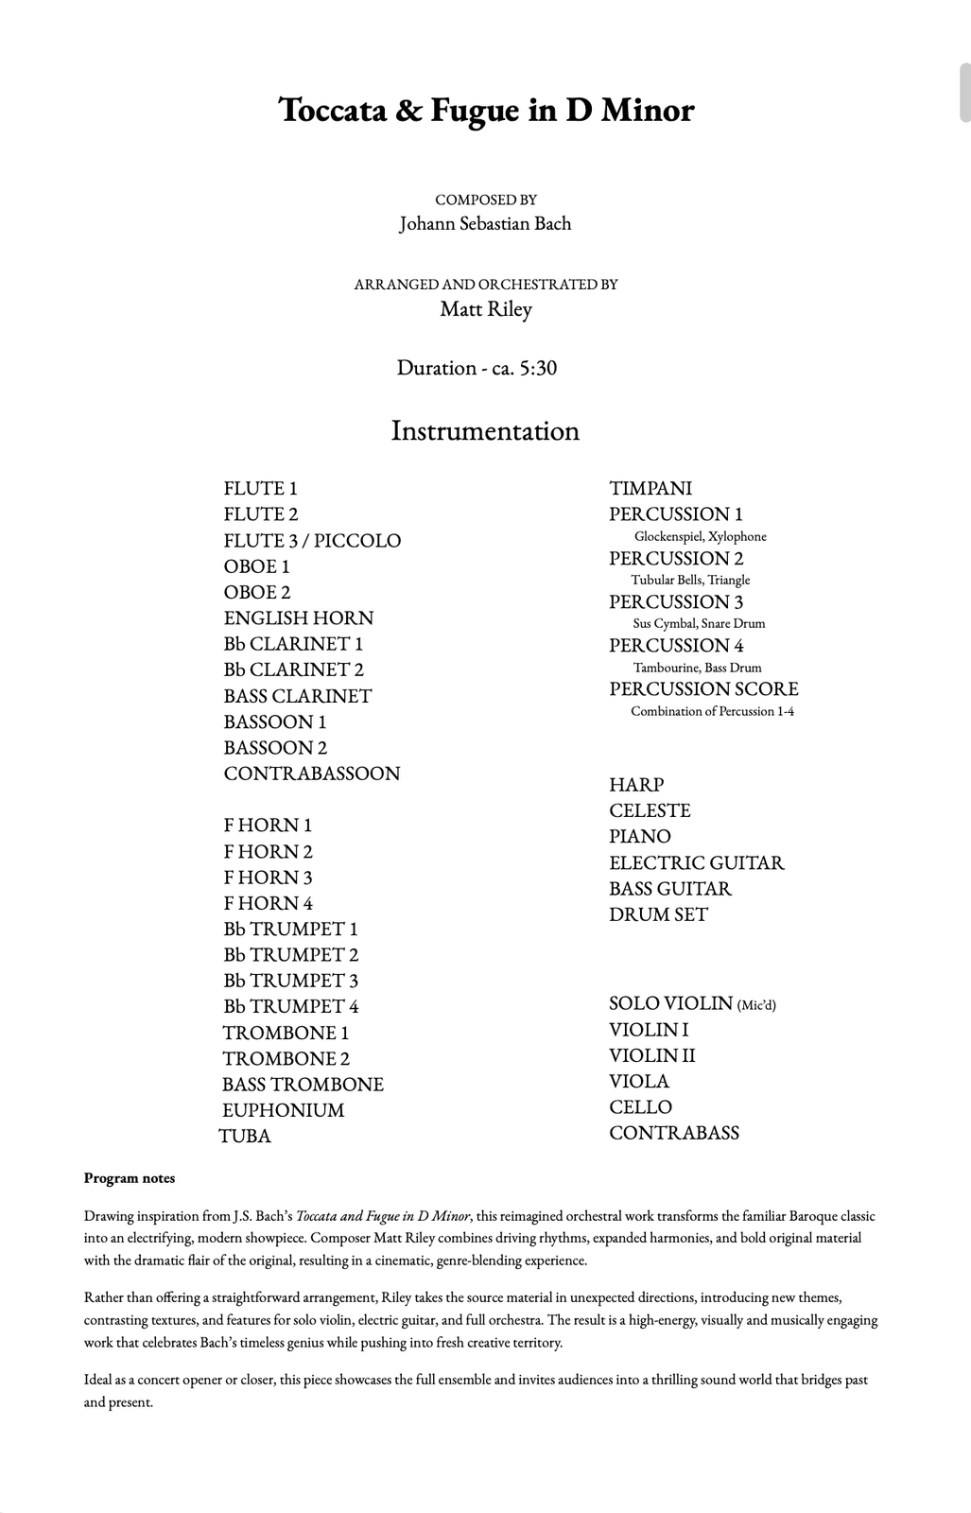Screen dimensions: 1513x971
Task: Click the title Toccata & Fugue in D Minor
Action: tap(486, 111)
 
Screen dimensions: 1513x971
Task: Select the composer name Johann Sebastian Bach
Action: tap(485, 224)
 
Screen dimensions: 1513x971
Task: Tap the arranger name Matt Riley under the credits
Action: tap(486, 309)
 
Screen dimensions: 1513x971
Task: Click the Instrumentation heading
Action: tap(485, 431)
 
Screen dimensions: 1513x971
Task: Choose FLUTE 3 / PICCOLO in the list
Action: tap(312, 541)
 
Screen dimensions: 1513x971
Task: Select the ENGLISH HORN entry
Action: tap(299, 618)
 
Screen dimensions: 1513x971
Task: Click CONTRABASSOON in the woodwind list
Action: tap(312, 774)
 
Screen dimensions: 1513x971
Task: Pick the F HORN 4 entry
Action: tap(268, 903)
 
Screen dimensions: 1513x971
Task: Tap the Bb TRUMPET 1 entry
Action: tap(291, 930)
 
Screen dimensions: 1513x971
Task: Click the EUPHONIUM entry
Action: tap(284, 1110)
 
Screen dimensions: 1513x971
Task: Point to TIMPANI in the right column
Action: tap(650, 489)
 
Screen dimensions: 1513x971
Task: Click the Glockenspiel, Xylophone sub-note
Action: tap(701, 536)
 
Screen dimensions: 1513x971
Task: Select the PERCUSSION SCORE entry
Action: tap(703, 689)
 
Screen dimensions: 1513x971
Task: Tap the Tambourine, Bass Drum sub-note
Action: tap(698, 668)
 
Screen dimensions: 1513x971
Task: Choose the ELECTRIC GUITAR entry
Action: tap(697, 863)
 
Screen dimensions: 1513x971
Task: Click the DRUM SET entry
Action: tap(658, 914)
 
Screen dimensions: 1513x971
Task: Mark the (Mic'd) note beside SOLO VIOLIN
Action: tap(756, 1005)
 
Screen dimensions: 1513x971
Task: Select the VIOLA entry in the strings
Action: tap(639, 1081)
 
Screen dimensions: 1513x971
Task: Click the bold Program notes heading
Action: tap(130, 1178)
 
